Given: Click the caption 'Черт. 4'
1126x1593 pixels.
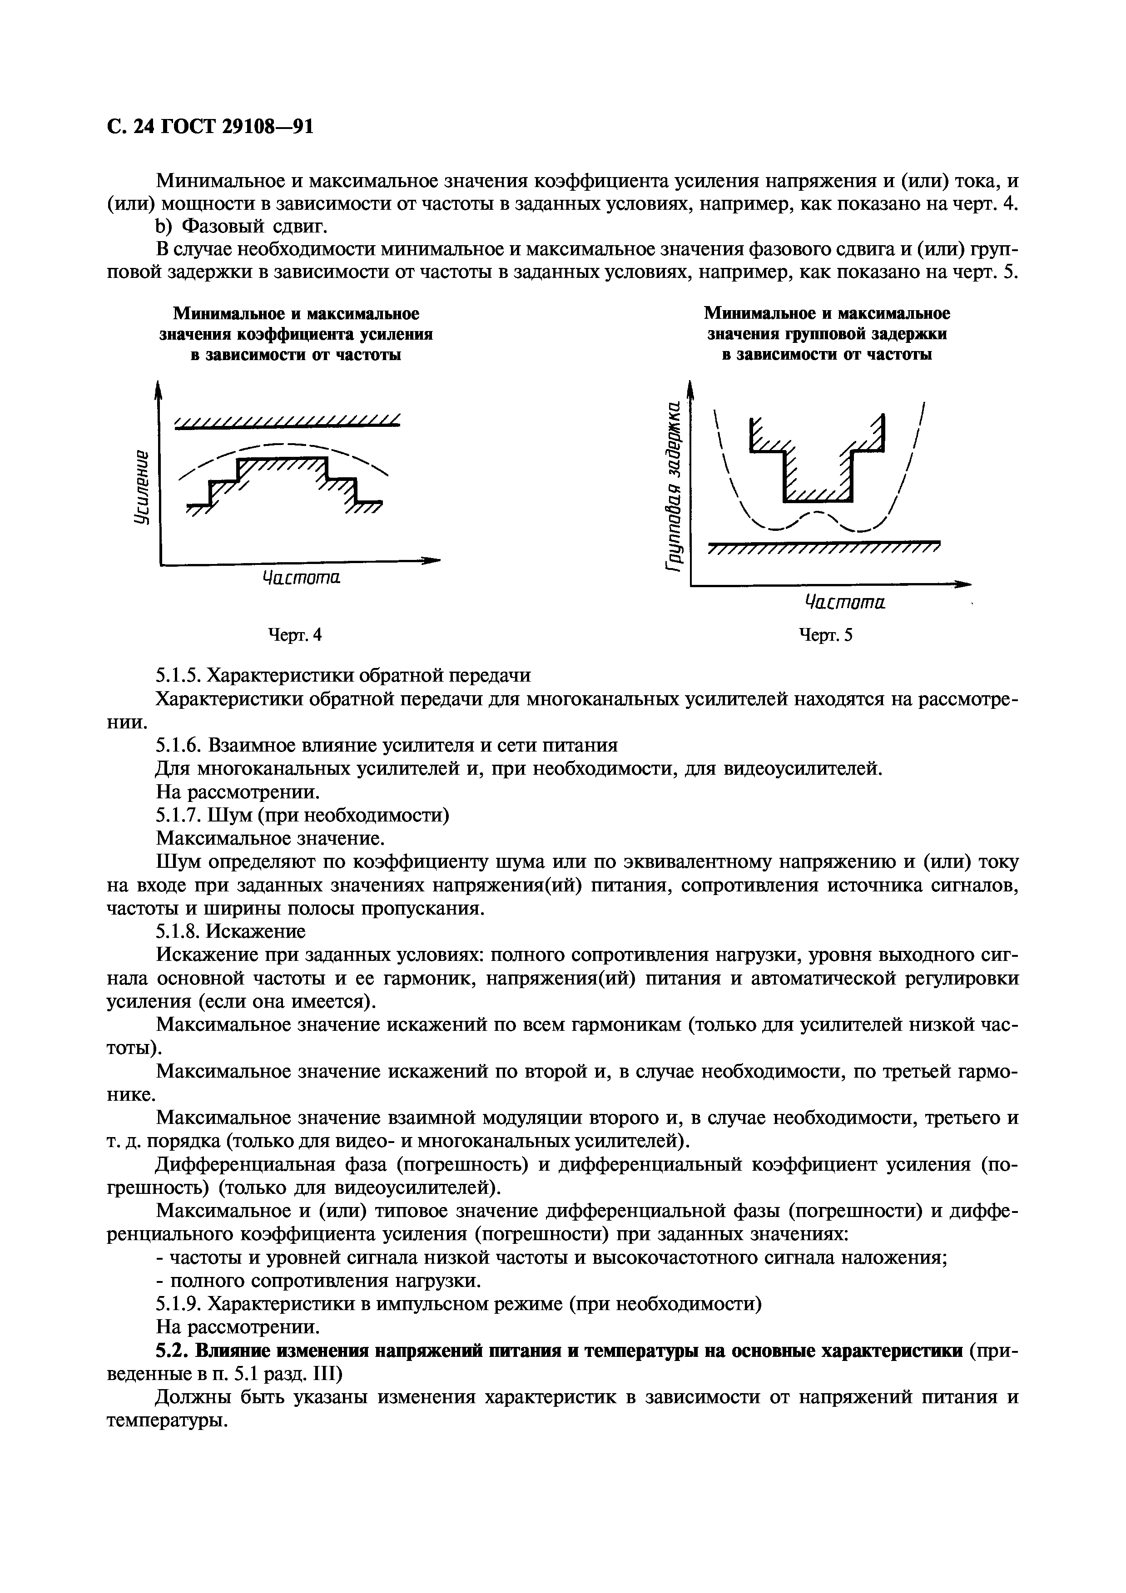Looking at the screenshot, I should tap(295, 635).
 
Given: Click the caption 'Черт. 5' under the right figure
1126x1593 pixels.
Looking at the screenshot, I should tap(826, 635).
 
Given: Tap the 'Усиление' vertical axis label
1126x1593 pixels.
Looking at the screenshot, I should tap(142, 486).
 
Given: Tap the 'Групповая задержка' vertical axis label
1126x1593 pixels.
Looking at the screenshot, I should tap(672, 486).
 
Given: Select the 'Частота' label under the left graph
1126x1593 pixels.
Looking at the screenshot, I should tap(302, 577).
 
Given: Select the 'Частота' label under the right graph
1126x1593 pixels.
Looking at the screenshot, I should tap(845, 602).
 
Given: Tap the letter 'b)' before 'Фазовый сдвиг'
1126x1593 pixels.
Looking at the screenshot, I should tap(163, 227).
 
